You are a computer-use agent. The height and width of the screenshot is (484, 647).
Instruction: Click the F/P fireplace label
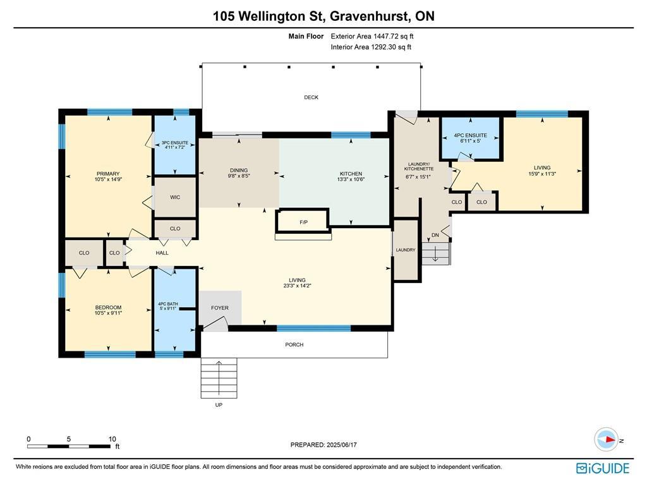[x=303, y=223]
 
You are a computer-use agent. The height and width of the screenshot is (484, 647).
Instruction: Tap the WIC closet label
[x=175, y=197]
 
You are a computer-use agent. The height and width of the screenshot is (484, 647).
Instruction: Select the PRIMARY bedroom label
[x=108, y=174]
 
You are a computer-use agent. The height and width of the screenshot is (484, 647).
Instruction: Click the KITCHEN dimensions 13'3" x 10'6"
[x=351, y=179]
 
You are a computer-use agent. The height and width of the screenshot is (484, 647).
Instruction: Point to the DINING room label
[x=239, y=171]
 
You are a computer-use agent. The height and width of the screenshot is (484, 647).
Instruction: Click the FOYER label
[x=220, y=308]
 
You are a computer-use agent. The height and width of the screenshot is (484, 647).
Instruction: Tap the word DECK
[x=311, y=97]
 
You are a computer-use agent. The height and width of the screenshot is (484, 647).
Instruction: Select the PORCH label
[x=294, y=344]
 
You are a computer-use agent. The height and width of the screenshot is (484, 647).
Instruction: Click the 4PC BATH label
[x=168, y=304]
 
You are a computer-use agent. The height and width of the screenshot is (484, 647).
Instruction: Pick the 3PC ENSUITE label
[x=174, y=143]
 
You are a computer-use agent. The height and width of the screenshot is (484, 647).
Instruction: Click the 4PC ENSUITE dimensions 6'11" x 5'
[x=470, y=142]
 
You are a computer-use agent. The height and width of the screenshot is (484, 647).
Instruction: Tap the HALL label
[x=162, y=253]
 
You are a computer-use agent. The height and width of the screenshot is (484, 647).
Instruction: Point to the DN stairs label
[x=435, y=235]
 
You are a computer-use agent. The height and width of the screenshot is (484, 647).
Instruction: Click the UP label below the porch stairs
[x=219, y=405]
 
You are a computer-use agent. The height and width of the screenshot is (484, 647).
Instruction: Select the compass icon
[x=606, y=440]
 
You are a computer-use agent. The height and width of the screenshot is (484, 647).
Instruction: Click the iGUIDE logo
[x=603, y=468]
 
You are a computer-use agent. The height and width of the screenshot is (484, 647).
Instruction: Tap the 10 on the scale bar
[x=112, y=439]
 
